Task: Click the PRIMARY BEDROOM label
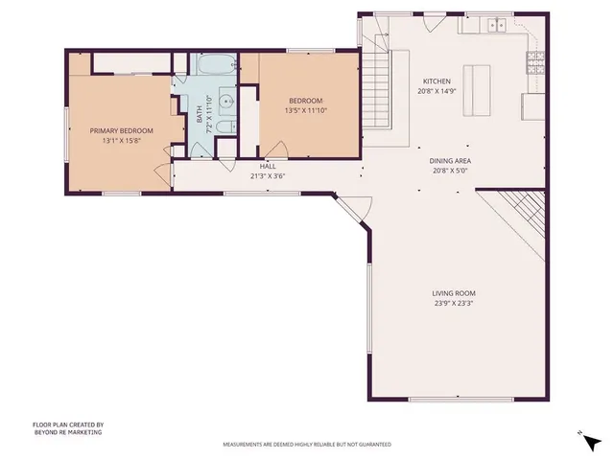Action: coord(118,130)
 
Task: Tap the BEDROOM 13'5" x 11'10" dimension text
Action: coord(305,110)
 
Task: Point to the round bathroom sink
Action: coord(225,100)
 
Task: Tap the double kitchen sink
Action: coord(497,25)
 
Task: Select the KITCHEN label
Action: coord(437,81)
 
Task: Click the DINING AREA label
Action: coord(449,161)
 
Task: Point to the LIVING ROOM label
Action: coord(454,293)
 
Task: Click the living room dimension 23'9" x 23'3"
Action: coord(454,304)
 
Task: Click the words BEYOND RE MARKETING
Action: coord(67,432)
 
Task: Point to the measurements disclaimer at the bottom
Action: coord(307,445)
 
